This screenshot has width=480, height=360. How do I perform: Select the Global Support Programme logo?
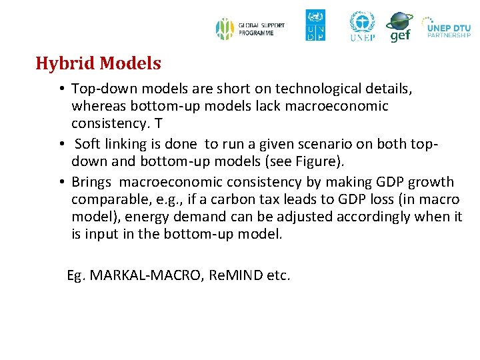(250, 29)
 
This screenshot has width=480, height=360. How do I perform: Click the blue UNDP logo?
(315, 25)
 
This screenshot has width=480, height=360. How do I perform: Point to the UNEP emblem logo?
(362, 27)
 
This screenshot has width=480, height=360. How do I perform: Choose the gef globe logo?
(399, 27)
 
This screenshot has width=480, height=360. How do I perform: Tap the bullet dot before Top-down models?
(60, 89)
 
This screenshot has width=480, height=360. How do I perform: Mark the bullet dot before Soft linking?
(61, 144)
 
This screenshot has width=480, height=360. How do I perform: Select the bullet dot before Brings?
(60, 182)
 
